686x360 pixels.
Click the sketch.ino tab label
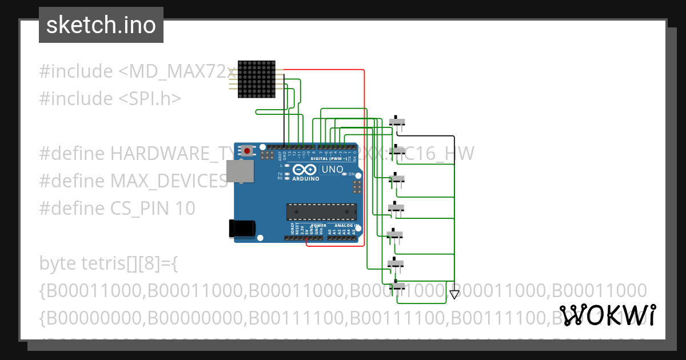click(x=101, y=25)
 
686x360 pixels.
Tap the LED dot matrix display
click(x=256, y=79)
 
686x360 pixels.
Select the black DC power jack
click(x=240, y=228)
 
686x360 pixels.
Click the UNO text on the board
click(x=332, y=170)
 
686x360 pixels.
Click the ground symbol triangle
click(x=454, y=295)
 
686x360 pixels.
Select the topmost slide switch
click(x=397, y=122)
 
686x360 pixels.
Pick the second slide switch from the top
click(x=397, y=150)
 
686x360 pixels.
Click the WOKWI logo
click(x=607, y=315)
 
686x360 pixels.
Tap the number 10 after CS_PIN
click(x=185, y=209)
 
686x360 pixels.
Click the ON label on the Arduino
click(x=352, y=174)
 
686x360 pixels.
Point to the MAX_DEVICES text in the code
click(x=169, y=181)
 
